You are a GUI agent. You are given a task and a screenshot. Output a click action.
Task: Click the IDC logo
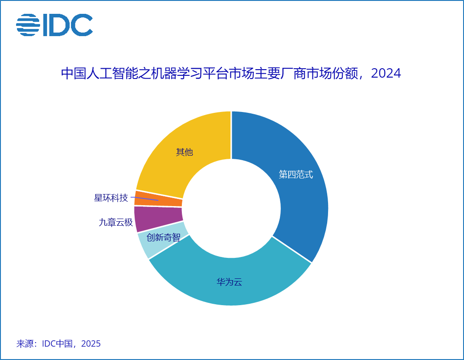click(54, 25)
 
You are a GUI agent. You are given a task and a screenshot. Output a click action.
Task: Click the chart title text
click(231, 74)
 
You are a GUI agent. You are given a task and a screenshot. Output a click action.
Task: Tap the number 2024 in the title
click(386, 74)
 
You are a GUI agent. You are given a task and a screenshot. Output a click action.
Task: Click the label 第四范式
click(296, 174)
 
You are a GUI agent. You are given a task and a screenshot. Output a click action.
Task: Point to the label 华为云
click(230, 282)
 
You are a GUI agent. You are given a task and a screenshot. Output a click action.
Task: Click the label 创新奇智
click(164, 237)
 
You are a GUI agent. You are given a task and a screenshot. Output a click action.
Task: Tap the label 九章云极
click(116, 222)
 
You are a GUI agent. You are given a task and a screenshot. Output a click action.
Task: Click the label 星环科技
click(111, 198)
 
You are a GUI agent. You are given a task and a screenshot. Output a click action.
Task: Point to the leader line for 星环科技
click(145, 198)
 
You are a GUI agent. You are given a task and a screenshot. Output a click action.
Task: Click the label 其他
click(185, 152)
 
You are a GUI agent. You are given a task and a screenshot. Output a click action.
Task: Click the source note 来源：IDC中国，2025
click(58, 344)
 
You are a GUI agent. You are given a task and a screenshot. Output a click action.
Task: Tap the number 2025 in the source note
click(91, 344)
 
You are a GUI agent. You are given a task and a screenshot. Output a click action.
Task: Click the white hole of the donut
click(231, 208)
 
